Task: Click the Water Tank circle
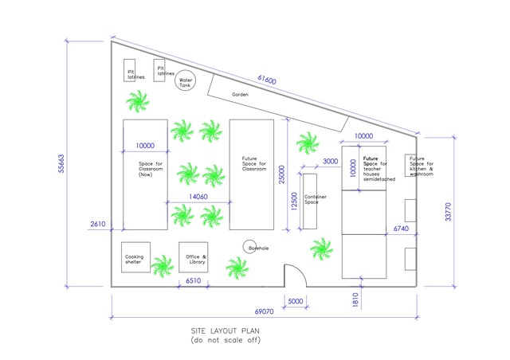pos(186,80)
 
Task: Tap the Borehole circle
pos(250,248)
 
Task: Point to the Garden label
pos(240,95)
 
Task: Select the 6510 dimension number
pos(193,280)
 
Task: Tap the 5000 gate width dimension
pos(295,301)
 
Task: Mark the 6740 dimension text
pos(402,229)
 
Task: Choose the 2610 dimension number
pos(98,225)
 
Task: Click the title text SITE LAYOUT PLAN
pos(226,330)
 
